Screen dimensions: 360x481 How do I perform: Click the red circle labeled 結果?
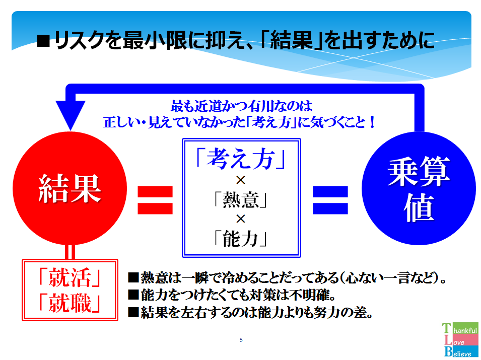click(70, 191)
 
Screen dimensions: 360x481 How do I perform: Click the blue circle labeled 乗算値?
click(419, 191)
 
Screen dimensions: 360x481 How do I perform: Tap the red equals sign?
click(155, 199)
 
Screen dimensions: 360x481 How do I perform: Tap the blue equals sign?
click(330, 199)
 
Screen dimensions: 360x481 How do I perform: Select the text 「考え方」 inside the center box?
click(241, 160)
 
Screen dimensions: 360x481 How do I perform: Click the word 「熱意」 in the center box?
click(241, 200)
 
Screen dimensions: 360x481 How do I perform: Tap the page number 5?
click(241, 340)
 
